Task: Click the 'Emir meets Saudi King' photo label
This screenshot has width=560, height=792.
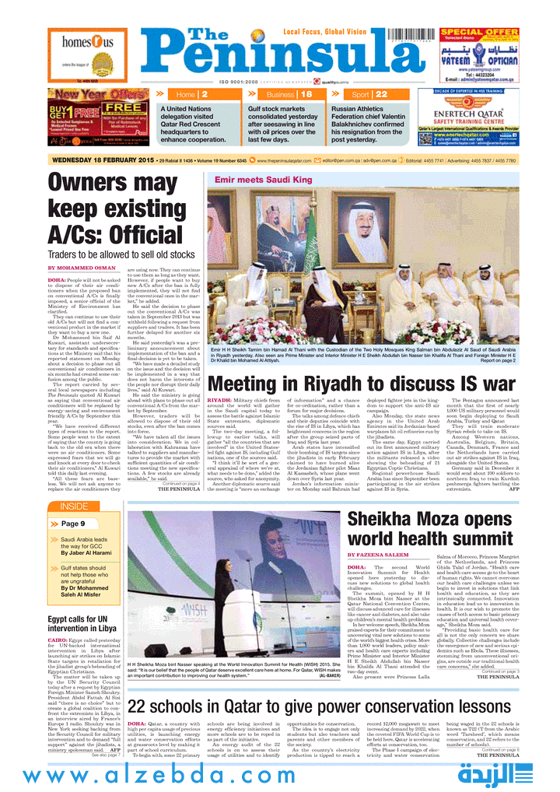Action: pyautogui.click(x=264, y=180)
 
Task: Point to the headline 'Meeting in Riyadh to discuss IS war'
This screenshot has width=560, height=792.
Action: pyautogui.click(x=362, y=384)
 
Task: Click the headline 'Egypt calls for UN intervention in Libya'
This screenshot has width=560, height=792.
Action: pyautogui.click(x=82, y=623)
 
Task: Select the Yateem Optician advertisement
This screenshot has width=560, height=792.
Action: pyautogui.click(x=479, y=57)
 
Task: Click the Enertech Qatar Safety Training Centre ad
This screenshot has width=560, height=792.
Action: pyautogui.click(x=479, y=117)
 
